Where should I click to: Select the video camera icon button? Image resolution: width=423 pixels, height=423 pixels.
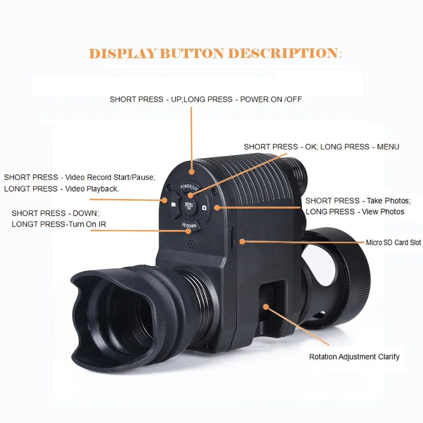click(173, 204)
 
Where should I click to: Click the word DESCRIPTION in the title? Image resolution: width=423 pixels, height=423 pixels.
click(282, 54)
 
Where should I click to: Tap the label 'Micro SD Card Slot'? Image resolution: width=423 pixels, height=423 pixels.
click(393, 242)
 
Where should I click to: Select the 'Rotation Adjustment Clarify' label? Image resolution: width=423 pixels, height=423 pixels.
click(354, 357)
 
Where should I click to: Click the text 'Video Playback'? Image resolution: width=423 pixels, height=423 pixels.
click(91, 189)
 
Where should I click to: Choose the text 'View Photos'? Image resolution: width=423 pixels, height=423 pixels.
click(383, 211)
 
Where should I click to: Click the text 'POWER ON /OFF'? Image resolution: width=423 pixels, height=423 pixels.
click(271, 99)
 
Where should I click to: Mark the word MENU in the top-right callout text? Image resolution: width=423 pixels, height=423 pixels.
click(388, 147)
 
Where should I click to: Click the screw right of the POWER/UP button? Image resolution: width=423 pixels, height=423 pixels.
click(214, 192)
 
